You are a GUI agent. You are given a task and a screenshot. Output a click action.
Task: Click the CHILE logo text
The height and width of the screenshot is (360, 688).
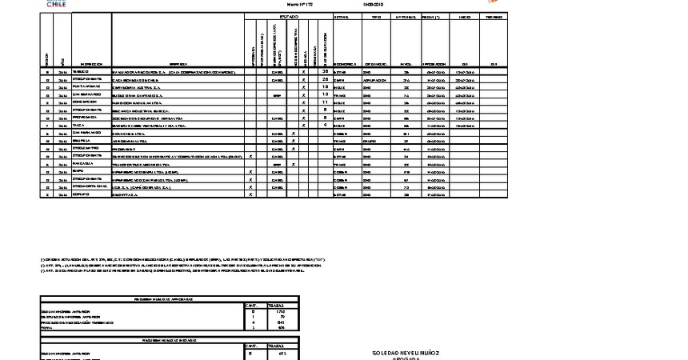[56, 4]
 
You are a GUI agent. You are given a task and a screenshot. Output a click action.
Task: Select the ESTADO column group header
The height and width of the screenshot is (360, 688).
[289, 16]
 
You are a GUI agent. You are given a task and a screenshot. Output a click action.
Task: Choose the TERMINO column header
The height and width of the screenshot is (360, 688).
[494, 16]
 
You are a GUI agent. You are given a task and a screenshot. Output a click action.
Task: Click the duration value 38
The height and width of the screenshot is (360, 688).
[325, 72]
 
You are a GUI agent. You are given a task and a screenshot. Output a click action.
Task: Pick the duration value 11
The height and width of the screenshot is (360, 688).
[325, 102]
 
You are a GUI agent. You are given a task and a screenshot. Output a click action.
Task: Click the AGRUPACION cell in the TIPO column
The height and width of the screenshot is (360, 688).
[377, 80]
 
